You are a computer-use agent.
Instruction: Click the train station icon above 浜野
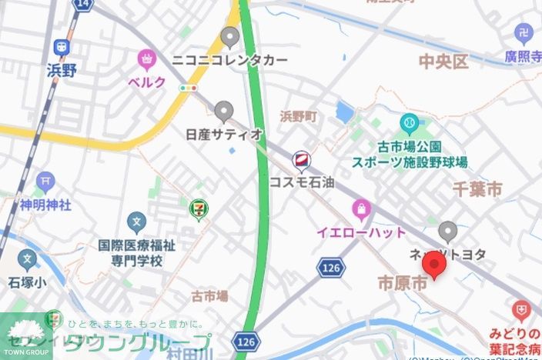click(x=60, y=47)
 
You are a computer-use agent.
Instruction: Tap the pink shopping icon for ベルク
click(x=146, y=58)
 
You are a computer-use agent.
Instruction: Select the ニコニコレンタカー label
click(x=230, y=60)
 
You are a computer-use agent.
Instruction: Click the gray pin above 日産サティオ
click(x=224, y=112)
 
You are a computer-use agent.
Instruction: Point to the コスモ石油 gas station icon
click(x=301, y=160)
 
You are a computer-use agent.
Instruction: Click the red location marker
click(x=436, y=267)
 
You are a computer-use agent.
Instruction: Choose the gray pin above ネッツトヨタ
click(x=447, y=230)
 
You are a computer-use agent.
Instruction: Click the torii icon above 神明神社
click(x=45, y=182)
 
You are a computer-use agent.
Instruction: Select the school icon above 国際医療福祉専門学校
click(x=137, y=224)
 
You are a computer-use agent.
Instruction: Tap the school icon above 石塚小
click(x=28, y=259)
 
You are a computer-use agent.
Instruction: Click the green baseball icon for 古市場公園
click(x=409, y=123)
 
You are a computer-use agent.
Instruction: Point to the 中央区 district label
click(x=443, y=62)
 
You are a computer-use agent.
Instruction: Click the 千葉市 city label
click(x=477, y=188)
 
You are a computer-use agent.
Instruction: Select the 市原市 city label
click(x=402, y=283)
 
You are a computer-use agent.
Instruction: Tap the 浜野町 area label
click(x=298, y=116)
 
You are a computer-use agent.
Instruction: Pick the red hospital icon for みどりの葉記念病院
click(x=522, y=310)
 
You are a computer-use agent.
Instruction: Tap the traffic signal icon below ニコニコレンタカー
click(x=184, y=88)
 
